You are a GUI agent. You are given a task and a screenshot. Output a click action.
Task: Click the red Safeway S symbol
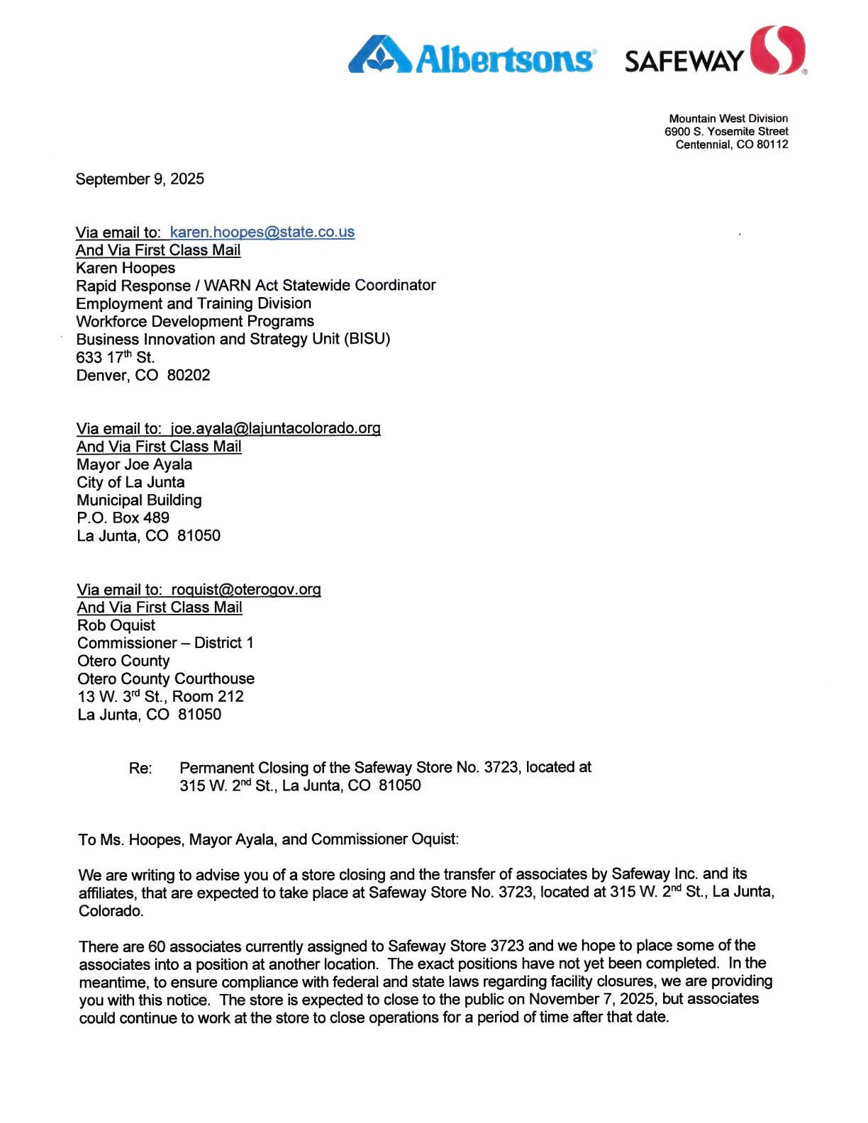click(777, 50)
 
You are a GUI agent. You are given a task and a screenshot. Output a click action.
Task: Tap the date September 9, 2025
click(140, 179)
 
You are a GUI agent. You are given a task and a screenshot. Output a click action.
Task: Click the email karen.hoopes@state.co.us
click(262, 232)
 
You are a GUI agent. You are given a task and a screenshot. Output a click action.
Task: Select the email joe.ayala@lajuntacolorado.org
click(275, 428)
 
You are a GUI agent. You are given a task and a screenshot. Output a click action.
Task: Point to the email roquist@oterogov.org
click(246, 589)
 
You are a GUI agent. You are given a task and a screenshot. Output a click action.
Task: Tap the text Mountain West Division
click(728, 118)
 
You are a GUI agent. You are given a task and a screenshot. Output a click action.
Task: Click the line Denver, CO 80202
click(143, 375)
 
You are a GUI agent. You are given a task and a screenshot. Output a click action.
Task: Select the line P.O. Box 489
click(123, 518)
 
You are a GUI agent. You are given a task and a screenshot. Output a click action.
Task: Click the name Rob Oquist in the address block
click(116, 625)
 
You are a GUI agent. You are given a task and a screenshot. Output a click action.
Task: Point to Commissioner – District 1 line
click(165, 643)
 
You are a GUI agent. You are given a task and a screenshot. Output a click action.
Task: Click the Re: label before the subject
click(140, 769)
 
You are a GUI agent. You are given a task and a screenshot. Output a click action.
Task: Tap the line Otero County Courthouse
click(166, 678)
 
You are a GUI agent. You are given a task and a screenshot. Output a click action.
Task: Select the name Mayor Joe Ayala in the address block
click(134, 464)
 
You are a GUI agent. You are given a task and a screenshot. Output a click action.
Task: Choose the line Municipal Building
click(139, 500)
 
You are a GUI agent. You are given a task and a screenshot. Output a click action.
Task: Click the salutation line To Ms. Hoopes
click(268, 839)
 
